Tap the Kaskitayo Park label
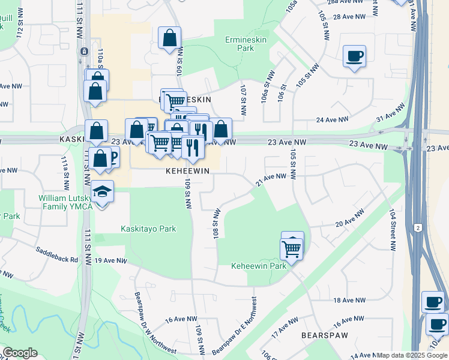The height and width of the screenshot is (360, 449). coord(148,229)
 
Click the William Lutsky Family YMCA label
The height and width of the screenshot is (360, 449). coord(66,203)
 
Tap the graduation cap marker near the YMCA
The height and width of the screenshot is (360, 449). coord(103,193)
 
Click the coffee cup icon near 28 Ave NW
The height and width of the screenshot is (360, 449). coord(354,56)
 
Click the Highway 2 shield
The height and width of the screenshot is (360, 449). coord(417,227)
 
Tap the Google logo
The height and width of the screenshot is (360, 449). coord(20,353)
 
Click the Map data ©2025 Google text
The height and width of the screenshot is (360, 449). coord(412,355)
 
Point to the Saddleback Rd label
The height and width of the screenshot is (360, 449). coord(57,255)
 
